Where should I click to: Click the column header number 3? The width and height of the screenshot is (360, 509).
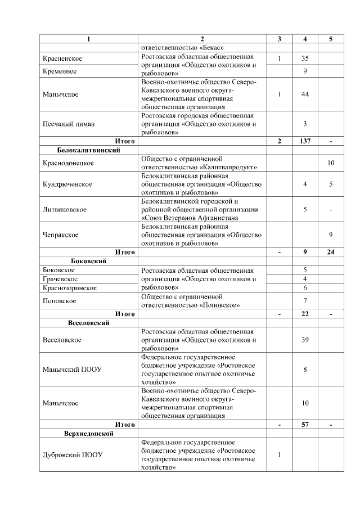279,39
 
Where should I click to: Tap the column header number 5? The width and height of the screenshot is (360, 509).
331,39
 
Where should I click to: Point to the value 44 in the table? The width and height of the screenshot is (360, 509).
305,94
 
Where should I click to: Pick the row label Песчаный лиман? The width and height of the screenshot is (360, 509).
68,124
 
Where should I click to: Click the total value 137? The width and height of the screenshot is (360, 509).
305,141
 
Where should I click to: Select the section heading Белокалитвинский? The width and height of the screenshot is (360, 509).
88,150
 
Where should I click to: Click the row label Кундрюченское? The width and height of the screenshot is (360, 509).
67,184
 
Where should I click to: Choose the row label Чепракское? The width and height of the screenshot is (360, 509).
61,235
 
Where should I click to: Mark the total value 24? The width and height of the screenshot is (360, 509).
331,252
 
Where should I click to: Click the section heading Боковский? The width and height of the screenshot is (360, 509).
88,261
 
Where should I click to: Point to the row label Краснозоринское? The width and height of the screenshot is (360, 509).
70,287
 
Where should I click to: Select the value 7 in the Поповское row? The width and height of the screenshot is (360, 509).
305,301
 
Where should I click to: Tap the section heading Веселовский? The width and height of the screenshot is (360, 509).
88,323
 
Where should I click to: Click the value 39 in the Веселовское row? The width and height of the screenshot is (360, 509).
305,340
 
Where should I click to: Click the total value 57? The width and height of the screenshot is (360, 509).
305,425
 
